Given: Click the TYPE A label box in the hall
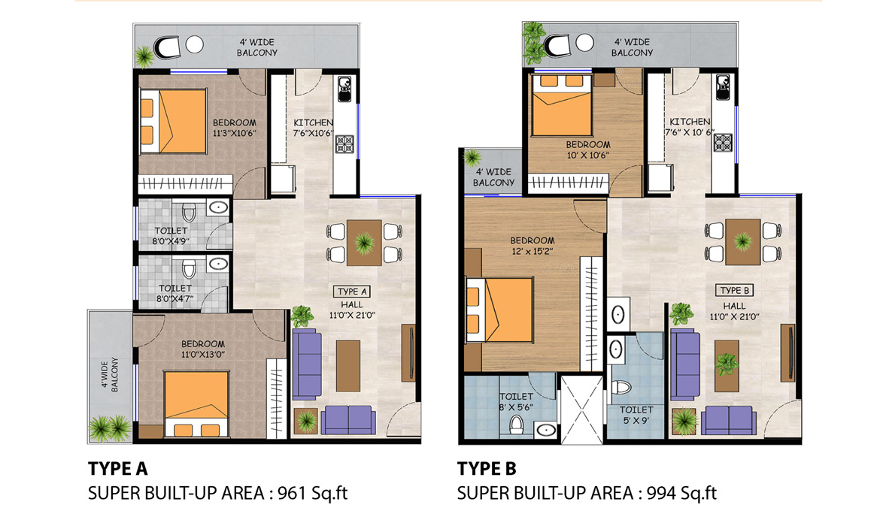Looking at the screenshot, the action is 352,292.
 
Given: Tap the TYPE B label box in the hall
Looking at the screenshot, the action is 735,291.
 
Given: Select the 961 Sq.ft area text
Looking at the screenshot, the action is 313,493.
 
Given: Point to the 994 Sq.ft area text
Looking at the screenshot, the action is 682,493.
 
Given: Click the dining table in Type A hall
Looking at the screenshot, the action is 364,243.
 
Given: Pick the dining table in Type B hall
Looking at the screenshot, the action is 743,242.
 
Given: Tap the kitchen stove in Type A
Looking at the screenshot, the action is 344,144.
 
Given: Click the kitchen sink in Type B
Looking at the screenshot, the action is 722,87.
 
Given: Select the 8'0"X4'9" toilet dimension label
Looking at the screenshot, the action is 171,242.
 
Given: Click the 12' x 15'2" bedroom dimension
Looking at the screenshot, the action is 532,252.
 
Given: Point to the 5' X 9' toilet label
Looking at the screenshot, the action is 636,420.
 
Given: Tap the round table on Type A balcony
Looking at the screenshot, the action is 194,44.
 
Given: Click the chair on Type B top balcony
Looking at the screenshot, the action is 559,45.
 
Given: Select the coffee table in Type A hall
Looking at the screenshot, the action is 348,366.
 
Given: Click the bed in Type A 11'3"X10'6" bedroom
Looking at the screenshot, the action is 173,122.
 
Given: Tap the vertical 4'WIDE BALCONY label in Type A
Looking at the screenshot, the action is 110,375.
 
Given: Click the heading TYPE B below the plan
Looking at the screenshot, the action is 487,468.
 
